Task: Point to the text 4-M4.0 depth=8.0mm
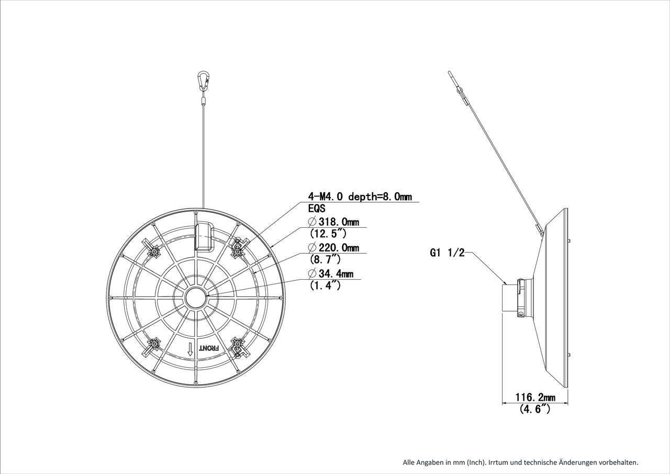coord(360,196)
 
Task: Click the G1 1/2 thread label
coord(448,253)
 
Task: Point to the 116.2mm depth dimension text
coord(534,398)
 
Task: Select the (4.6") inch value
coord(534,410)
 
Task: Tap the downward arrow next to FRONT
coord(191,349)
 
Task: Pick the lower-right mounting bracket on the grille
coord(239,346)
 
